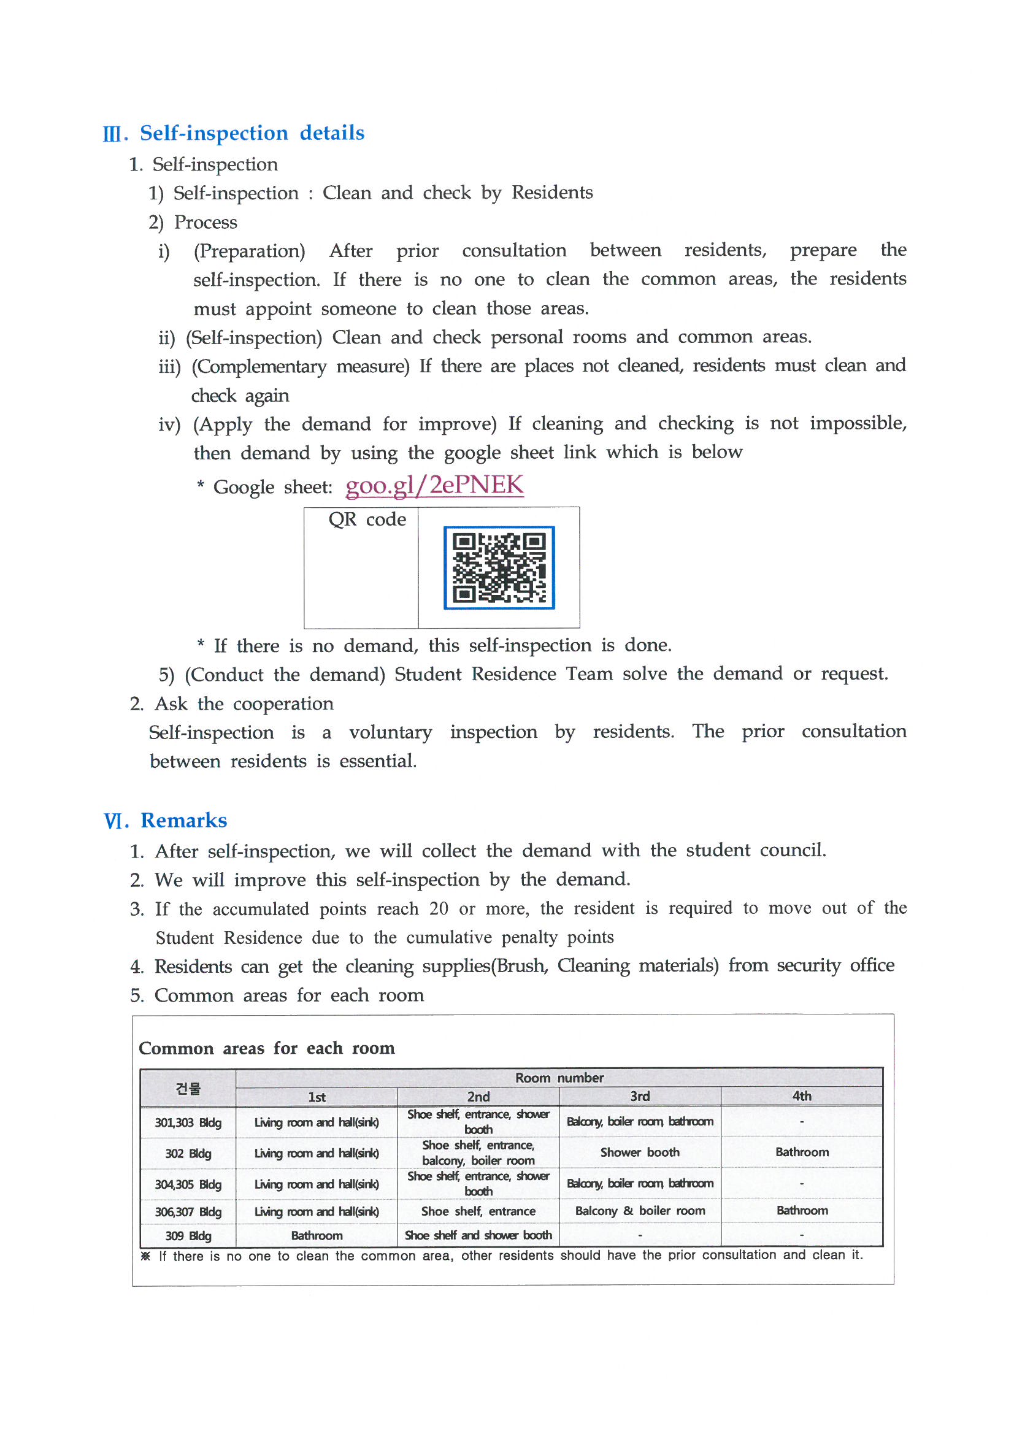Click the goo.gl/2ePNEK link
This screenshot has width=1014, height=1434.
point(434,485)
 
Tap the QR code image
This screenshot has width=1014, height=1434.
point(499,567)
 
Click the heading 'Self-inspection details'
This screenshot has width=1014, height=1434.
point(252,133)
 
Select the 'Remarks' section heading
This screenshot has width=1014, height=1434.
point(183,820)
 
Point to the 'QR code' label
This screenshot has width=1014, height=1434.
point(367,520)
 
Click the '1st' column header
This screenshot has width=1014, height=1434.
point(316,1097)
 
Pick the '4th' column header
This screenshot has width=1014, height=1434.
point(802,1096)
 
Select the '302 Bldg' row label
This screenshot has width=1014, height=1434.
point(188,1154)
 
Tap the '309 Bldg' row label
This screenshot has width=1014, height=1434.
point(188,1235)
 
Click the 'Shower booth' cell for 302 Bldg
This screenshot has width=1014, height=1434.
point(640,1152)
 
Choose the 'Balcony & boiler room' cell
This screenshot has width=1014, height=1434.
point(640,1210)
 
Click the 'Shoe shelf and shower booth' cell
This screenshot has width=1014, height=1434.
point(478,1235)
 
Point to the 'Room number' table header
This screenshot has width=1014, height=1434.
point(559,1078)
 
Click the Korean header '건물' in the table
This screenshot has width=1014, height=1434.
point(188,1088)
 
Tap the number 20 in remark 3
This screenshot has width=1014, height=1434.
point(439,908)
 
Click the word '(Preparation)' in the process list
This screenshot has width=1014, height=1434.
point(249,251)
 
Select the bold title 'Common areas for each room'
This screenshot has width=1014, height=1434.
point(267,1048)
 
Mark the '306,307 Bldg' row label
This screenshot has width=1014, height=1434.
point(188,1211)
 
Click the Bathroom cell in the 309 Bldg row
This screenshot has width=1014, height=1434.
point(316,1235)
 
